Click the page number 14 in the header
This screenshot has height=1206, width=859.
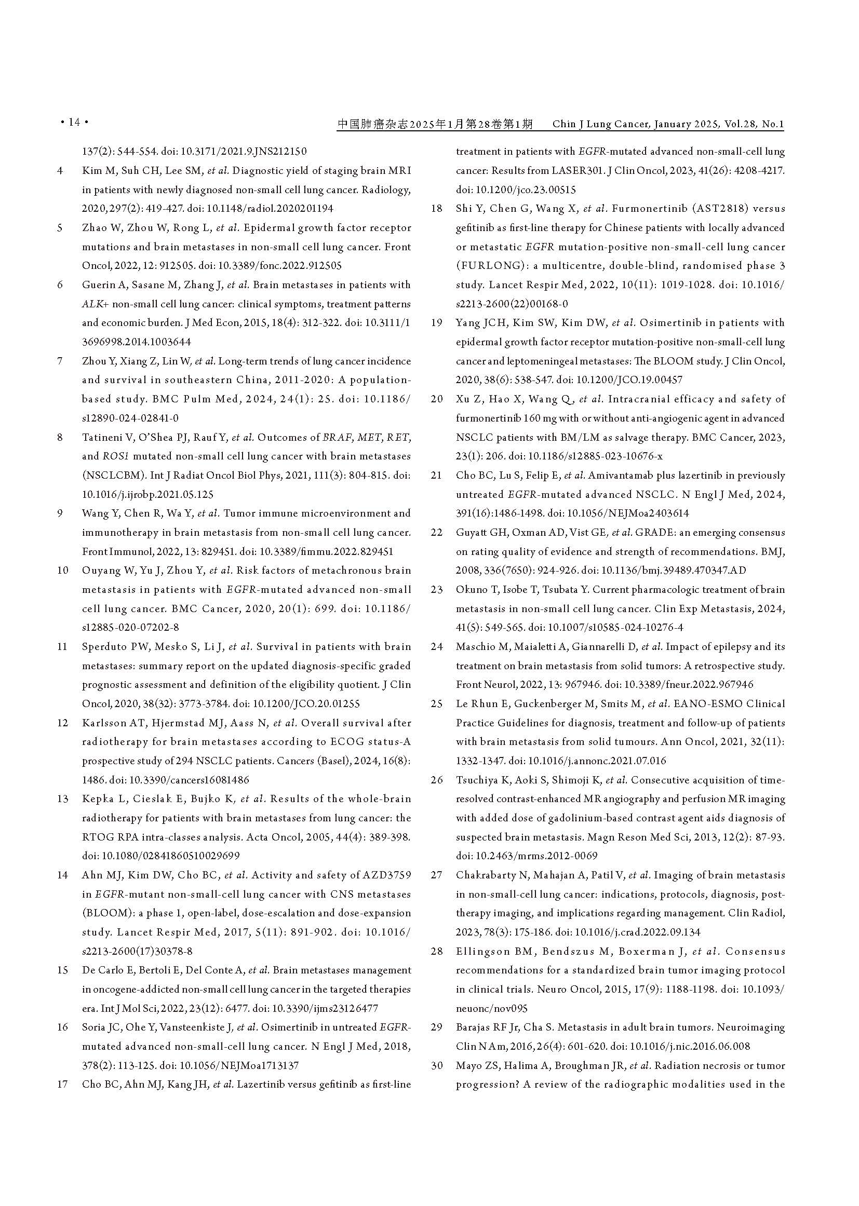[74, 123]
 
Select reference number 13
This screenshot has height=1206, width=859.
[62, 799]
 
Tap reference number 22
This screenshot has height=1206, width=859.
[436, 533]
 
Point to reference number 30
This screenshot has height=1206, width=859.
[436, 1065]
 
